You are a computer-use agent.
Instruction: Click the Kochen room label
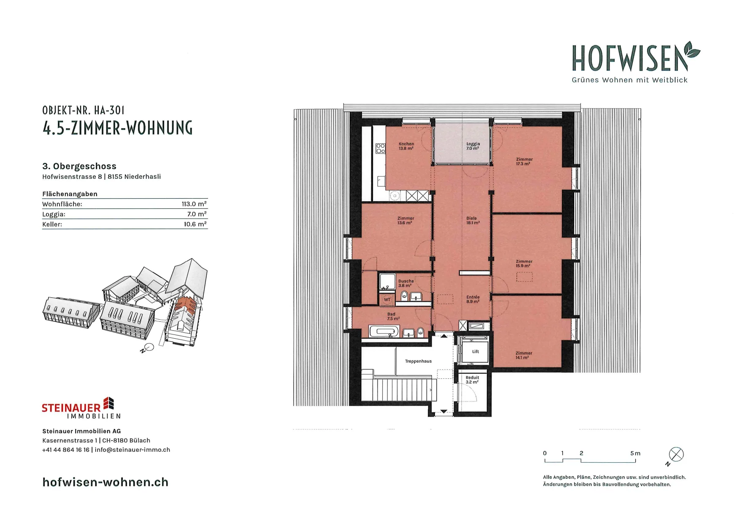tap(406, 146)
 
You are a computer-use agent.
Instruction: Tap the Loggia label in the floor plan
tap(473, 146)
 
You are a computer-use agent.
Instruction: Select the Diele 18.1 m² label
tap(473, 221)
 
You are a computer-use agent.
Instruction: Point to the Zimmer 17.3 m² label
tap(524, 162)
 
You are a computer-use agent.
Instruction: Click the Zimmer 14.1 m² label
tap(524, 355)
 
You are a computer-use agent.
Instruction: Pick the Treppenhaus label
tap(418, 361)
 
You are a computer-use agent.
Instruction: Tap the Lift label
tap(475, 351)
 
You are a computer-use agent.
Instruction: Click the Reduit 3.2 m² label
tap(472, 380)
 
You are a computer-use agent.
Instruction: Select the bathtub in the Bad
tap(384, 331)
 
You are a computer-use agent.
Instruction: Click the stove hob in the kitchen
tap(381, 148)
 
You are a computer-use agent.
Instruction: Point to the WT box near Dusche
tap(387, 299)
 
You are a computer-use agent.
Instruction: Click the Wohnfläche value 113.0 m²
tap(194, 204)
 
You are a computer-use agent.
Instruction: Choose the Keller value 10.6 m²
tap(195, 224)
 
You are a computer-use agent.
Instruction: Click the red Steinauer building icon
tap(109, 403)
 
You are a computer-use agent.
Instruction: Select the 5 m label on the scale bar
tap(635, 453)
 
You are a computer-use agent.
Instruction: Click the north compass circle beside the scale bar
tap(676, 454)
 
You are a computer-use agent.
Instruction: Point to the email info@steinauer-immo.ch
tap(132, 450)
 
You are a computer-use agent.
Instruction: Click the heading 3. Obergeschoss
tap(79, 166)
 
